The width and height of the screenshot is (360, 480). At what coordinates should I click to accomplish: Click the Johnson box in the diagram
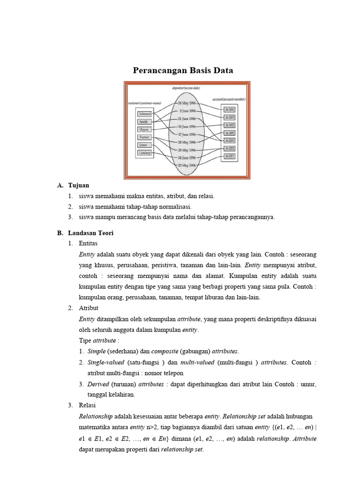[144, 113]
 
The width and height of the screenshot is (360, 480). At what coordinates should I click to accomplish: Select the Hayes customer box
[143, 129]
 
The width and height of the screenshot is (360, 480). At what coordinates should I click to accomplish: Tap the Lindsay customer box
[144, 153]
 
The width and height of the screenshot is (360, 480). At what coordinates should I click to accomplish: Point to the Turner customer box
[144, 137]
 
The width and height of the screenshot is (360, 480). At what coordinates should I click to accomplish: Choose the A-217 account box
[230, 156]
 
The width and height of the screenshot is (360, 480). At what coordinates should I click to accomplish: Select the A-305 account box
[230, 133]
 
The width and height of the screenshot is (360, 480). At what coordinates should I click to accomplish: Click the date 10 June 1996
[187, 127]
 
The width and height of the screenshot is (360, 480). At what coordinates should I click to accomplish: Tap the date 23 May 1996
[187, 165]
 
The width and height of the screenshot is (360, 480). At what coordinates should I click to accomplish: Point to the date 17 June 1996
[187, 134]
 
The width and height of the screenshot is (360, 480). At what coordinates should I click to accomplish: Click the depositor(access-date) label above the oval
[186, 88]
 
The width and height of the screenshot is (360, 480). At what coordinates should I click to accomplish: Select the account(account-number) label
[229, 99]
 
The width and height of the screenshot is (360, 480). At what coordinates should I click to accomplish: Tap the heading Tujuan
[78, 186]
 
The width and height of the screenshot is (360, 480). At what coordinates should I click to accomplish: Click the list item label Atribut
[89, 308]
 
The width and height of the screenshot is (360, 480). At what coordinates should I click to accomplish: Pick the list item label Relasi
[88, 405]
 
